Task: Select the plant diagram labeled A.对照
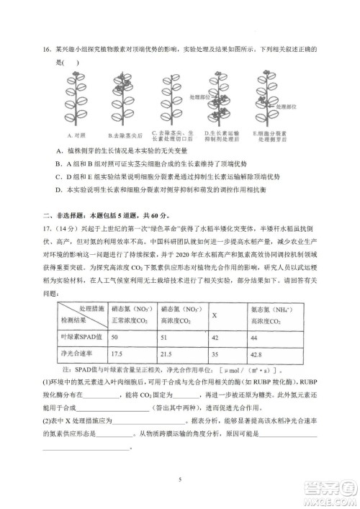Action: click(73, 101)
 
